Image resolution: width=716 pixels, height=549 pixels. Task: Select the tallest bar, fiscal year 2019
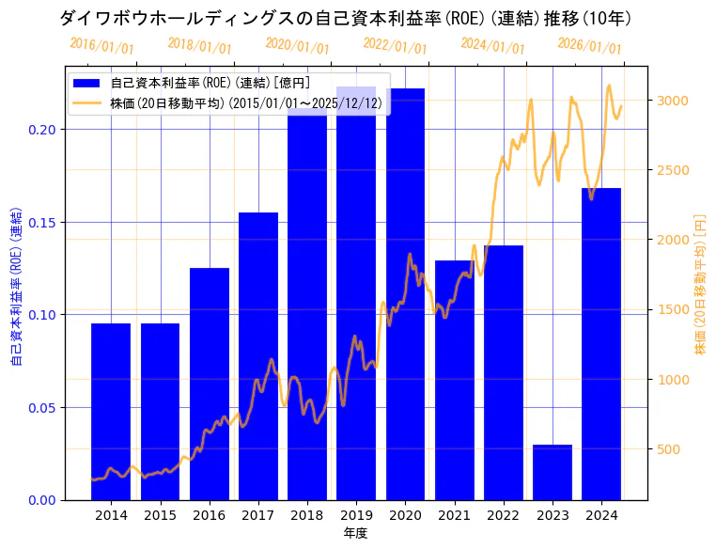coord(356,292)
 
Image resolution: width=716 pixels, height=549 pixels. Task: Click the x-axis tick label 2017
coord(258,515)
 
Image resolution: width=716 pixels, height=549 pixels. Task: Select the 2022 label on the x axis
coord(504,515)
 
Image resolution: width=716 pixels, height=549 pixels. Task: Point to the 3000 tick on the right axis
coord(674,101)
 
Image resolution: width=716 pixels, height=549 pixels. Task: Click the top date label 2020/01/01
coord(297,45)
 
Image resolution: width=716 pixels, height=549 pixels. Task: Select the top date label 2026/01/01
coord(589,45)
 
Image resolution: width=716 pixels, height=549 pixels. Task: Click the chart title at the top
coord(345,19)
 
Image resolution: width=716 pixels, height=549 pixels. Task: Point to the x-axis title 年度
coord(356,533)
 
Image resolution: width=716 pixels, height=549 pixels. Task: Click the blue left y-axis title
coord(16,287)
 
